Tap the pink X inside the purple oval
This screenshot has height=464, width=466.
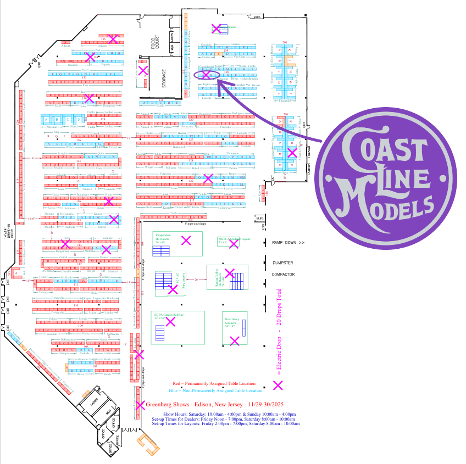coord(206,74)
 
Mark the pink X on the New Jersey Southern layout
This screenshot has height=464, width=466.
coord(235,341)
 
